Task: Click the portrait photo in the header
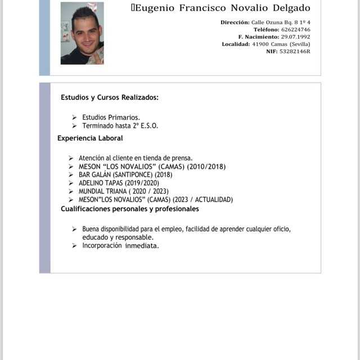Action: point(82,33)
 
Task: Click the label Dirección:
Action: point(235,22)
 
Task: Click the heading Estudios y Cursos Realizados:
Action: point(110,97)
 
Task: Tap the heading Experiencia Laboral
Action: point(90,138)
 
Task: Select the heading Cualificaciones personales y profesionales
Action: point(130,209)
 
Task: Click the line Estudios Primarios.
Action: point(111,117)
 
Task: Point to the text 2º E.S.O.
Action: point(145,125)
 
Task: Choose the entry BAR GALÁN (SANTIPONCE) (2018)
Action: point(125,174)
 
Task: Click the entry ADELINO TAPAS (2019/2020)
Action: point(119,183)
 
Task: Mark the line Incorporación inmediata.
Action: point(120,245)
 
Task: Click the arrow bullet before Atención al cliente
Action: point(71,159)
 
